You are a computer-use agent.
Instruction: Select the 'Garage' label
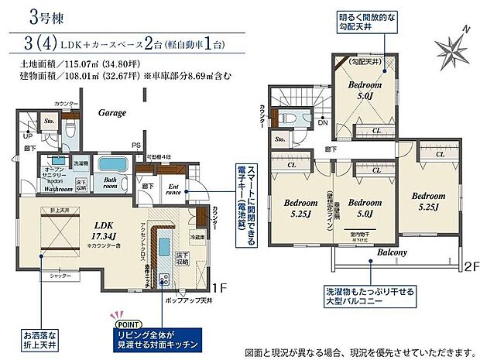point(111,112)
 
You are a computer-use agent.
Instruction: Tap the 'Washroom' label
point(57,187)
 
